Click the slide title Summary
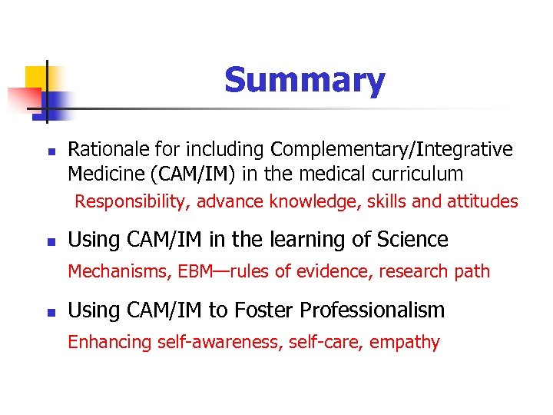click(305, 81)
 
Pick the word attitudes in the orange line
click(484, 202)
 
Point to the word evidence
click(327, 271)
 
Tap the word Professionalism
click(373, 310)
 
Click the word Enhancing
click(106, 343)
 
